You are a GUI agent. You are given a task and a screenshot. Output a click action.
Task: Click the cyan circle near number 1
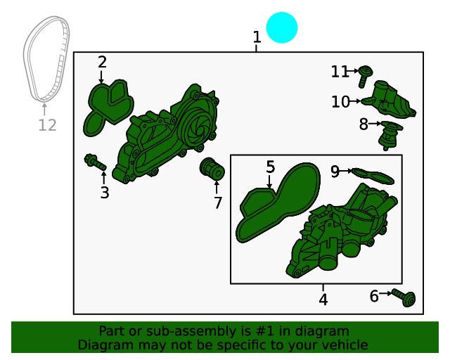coord(282,27)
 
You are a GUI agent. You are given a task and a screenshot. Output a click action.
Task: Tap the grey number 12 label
coord(47,125)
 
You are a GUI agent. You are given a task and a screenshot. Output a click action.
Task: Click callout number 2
coord(102,62)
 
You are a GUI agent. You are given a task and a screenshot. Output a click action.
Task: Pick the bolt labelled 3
coord(95,162)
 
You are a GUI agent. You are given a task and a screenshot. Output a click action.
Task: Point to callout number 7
coord(218,202)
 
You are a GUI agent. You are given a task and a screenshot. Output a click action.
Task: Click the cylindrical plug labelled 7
coord(212,169)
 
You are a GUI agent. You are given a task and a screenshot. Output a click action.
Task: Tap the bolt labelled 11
coord(366,75)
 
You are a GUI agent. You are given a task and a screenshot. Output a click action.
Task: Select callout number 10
coord(340,102)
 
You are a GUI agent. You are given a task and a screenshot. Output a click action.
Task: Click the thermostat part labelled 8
coord(390,135)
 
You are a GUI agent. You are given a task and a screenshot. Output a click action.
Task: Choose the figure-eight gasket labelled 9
coord(373,176)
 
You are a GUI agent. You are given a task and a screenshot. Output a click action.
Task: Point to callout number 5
coord(270,167)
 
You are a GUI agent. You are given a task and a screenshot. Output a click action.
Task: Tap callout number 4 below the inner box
coord(323,300)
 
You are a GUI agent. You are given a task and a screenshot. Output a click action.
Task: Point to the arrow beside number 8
coord(375,124)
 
